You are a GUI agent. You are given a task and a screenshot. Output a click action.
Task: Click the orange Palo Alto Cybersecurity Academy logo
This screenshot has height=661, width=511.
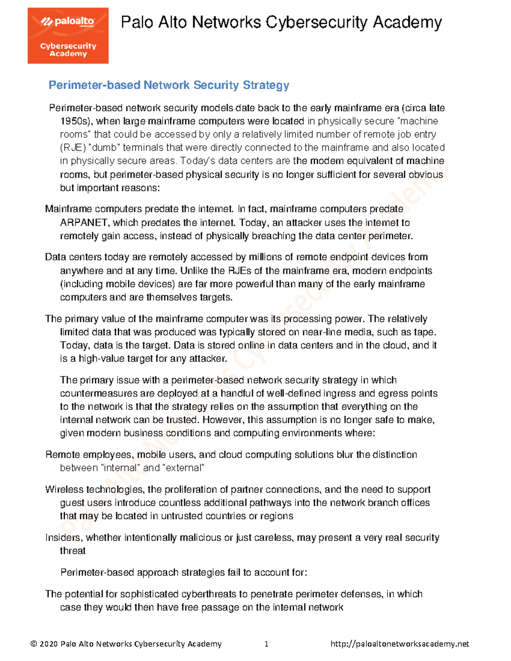click(x=68, y=36)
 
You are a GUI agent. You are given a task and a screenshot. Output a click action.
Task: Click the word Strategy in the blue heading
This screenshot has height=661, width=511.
click(x=266, y=85)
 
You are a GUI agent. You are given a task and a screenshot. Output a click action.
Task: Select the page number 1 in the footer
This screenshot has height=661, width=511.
click(x=266, y=644)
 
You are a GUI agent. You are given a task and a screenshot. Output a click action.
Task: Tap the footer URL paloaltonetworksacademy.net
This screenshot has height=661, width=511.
click(x=399, y=644)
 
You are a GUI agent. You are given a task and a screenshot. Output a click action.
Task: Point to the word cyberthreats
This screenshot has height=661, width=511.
click(x=209, y=594)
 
